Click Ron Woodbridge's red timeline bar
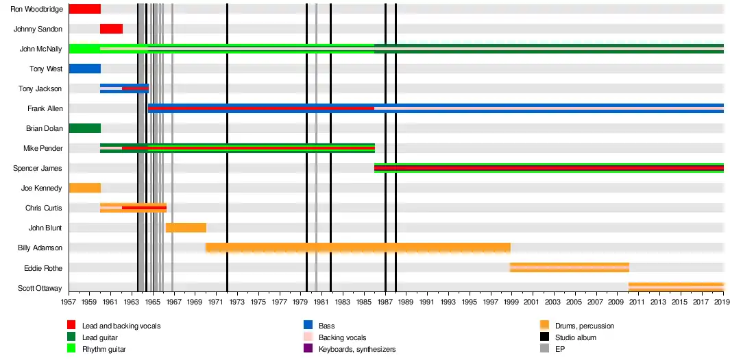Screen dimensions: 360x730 coord(84,9)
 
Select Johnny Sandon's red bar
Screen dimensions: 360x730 coord(111,29)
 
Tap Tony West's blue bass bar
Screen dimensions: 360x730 coord(84,69)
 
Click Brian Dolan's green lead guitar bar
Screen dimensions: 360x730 coord(84,128)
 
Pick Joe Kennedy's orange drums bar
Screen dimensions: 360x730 coord(84,188)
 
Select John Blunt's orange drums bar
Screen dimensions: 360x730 coord(186,228)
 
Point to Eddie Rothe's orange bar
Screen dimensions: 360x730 coord(570,267)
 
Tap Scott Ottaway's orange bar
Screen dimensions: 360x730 coord(676,287)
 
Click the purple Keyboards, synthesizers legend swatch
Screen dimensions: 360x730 coord(308,349)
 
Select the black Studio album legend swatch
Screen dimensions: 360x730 coord(544,337)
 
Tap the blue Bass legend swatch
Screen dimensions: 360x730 coord(308,326)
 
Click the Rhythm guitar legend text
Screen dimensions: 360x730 coord(104,349)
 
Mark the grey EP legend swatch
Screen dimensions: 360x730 coord(544,349)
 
